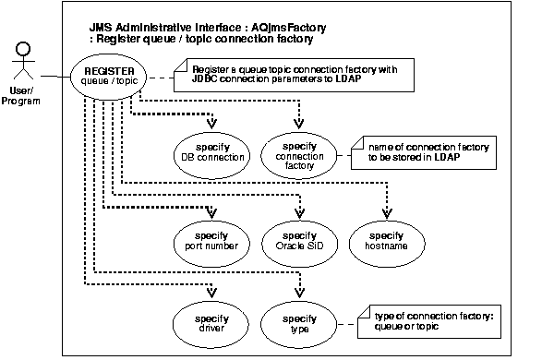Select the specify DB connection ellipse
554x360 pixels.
(x=212, y=151)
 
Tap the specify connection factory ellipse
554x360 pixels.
(x=297, y=151)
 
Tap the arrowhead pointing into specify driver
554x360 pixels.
(x=212, y=297)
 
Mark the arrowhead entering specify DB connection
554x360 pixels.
(x=212, y=126)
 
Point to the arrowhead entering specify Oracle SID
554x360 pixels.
(x=297, y=214)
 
